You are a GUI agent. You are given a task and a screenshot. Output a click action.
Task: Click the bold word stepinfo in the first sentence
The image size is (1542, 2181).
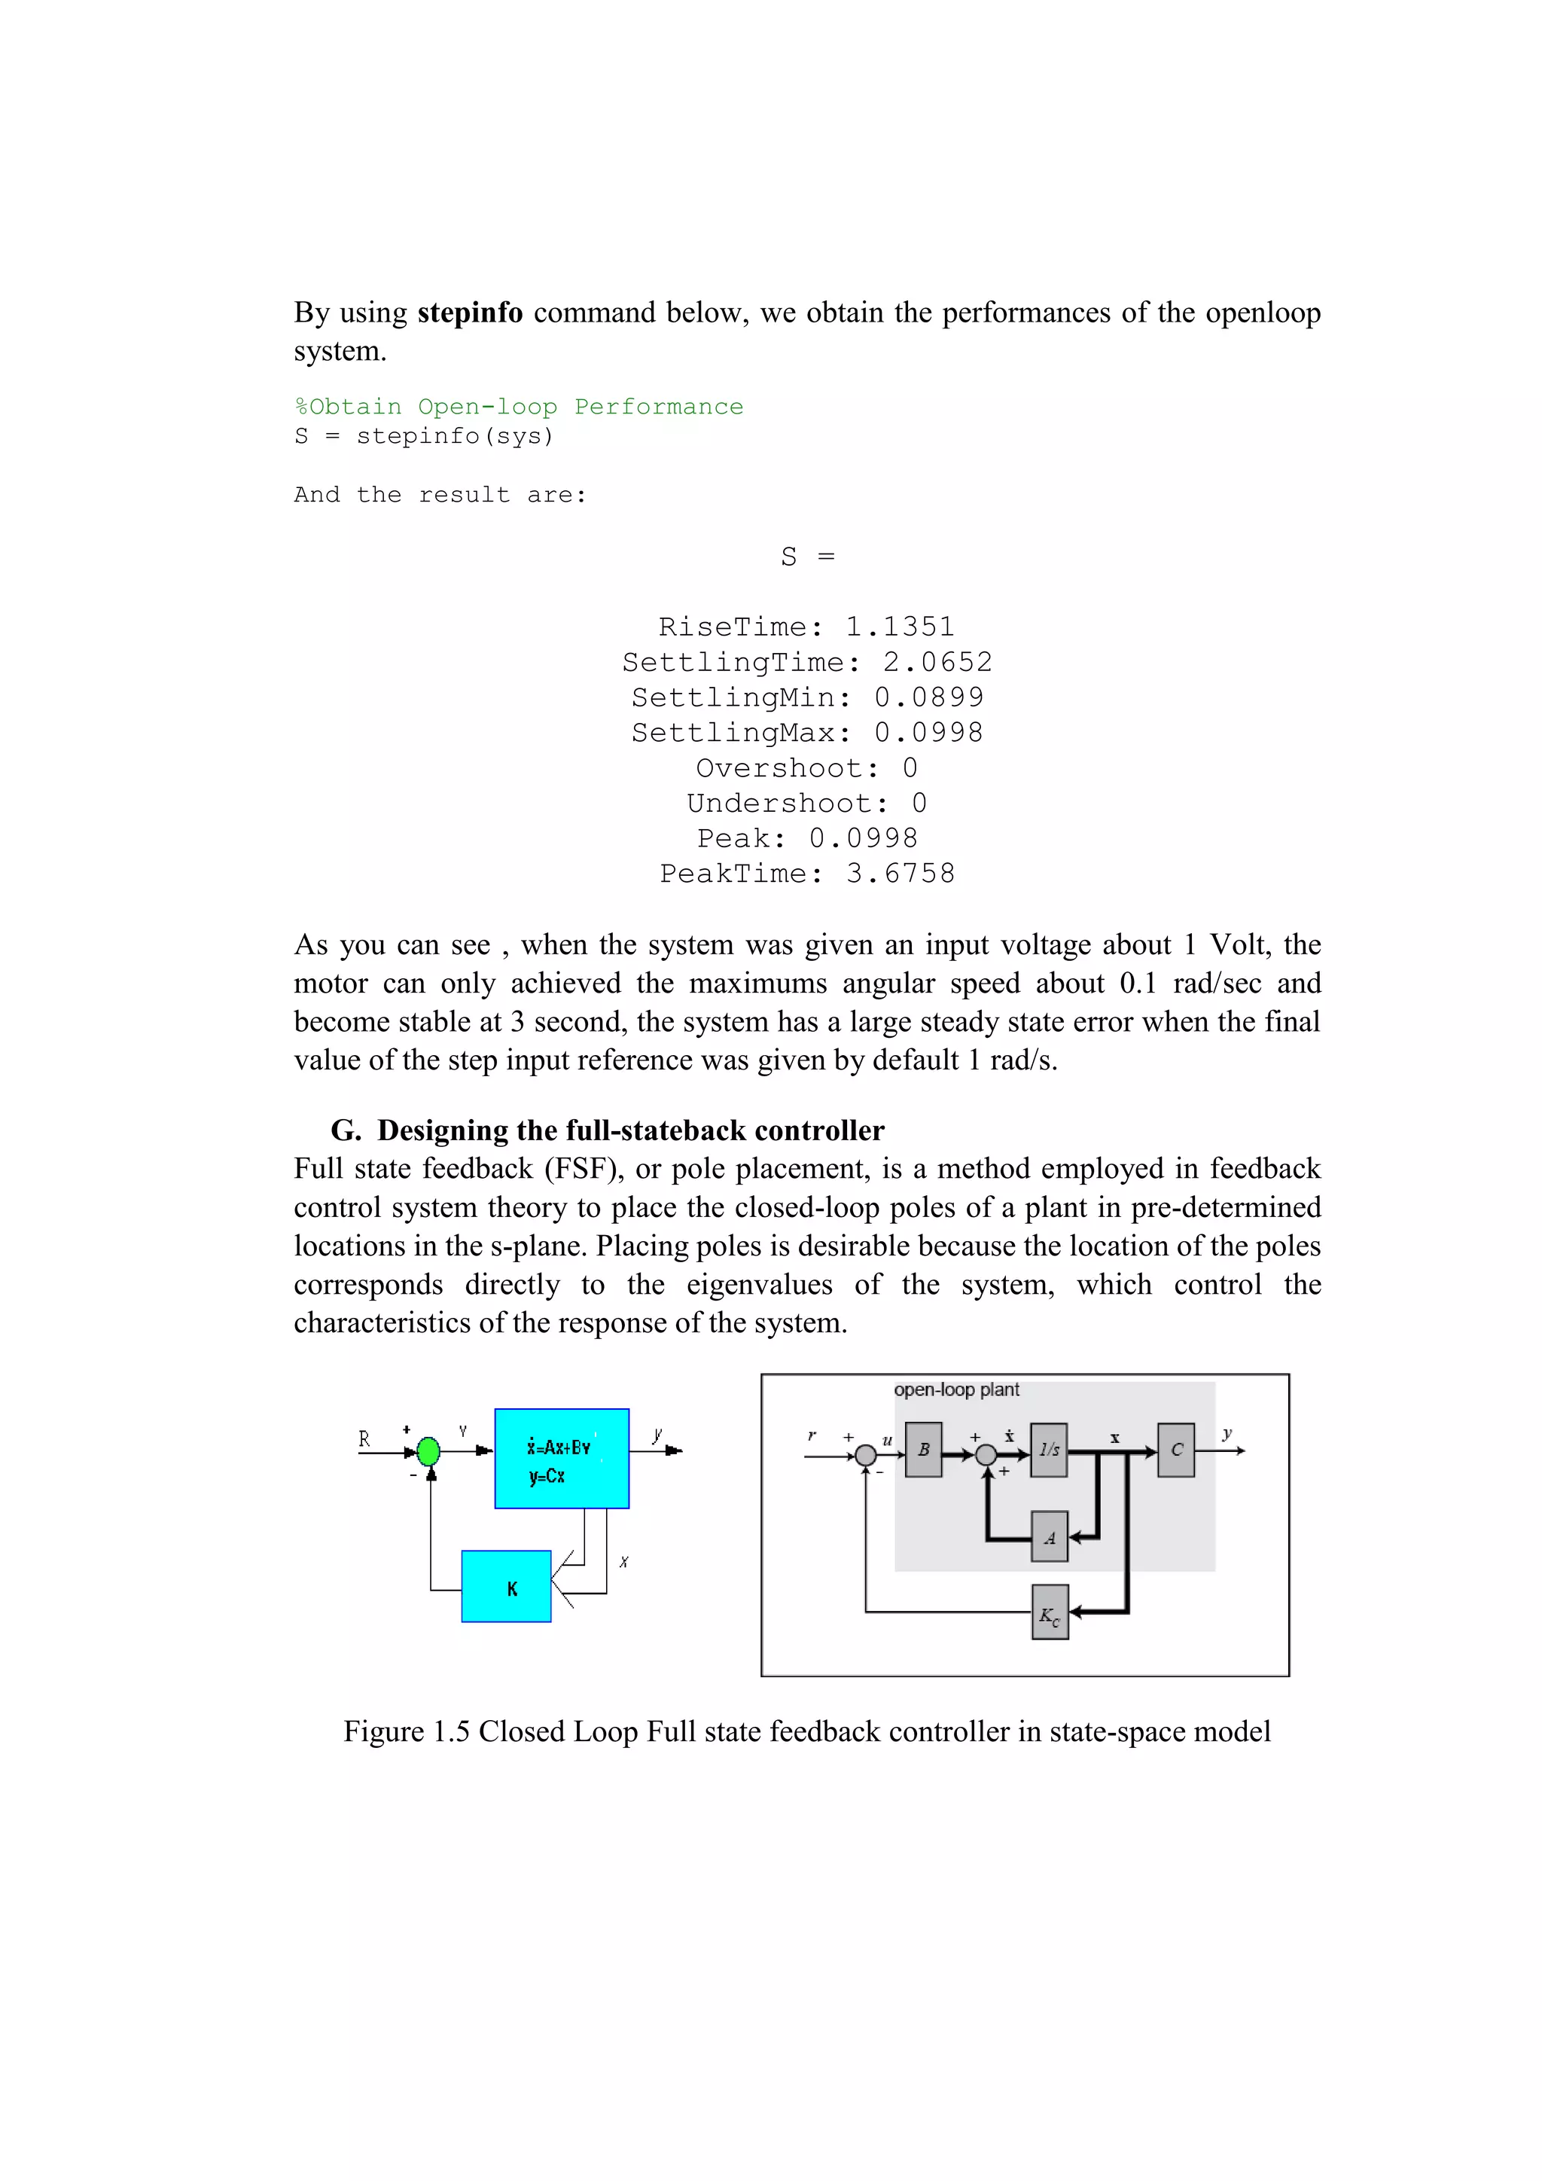click(470, 313)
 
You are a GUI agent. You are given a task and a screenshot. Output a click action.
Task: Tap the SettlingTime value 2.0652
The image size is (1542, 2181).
click(937, 662)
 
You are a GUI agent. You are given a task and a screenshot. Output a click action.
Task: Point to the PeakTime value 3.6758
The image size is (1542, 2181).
click(901, 874)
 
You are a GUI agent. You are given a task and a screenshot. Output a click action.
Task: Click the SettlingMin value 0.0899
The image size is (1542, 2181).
click(928, 697)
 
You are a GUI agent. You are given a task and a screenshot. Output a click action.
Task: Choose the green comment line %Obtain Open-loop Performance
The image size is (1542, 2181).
click(519, 407)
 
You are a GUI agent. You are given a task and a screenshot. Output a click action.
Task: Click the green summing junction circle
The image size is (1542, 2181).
click(429, 1450)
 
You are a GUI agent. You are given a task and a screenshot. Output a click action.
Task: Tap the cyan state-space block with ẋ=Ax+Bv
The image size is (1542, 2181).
click(561, 1458)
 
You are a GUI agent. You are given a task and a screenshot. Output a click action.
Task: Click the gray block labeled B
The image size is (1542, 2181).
click(923, 1450)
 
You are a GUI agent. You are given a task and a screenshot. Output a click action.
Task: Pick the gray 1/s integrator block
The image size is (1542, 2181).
click(1048, 1450)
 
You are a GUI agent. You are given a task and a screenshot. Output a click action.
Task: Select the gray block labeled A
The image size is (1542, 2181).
click(1049, 1537)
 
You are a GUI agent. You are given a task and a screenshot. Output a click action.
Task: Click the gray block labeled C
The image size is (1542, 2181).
click(1175, 1450)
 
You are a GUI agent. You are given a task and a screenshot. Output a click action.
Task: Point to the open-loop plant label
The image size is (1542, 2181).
click(956, 1389)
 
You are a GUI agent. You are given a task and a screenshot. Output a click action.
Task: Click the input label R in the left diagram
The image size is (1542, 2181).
click(364, 1438)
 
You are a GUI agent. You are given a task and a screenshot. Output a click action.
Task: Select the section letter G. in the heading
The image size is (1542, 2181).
click(346, 1130)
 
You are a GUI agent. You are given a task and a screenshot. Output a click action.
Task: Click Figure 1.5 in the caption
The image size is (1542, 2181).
click(407, 1731)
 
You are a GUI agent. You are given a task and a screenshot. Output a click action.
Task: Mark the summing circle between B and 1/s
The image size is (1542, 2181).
click(986, 1454)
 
